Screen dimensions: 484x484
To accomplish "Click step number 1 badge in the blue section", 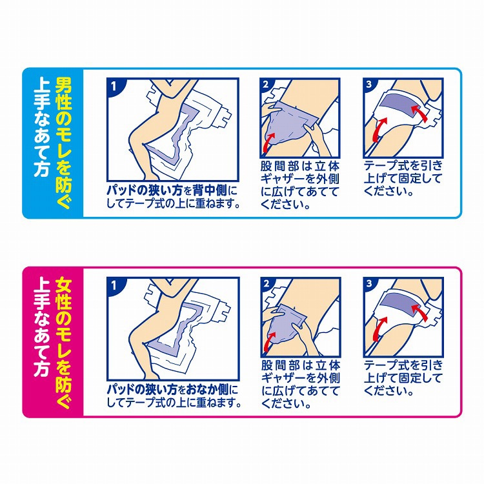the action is pos(114,86).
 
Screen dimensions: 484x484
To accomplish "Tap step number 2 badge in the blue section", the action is pos(265,85).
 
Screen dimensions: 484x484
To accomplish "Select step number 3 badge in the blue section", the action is pos(368,85).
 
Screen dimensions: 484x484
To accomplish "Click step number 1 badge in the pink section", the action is pos(114,285).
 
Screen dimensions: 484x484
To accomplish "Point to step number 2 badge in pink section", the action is pos(266,284).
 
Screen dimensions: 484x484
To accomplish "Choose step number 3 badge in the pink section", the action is pos(369,284).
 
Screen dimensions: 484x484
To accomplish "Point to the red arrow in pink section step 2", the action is pos(268,340).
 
